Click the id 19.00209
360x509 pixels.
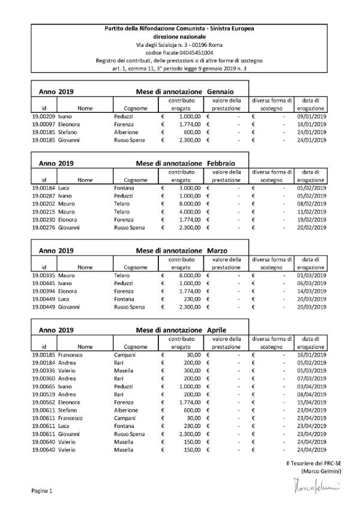43,116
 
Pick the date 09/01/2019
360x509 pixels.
311,116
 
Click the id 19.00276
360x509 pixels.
43,227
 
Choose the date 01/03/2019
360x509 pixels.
311,275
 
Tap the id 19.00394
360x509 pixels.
43,291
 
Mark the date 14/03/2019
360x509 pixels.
311,291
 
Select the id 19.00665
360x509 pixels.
43,387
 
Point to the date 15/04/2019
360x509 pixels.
311,402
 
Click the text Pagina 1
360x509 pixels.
42,491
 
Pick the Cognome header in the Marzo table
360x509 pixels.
136,267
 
